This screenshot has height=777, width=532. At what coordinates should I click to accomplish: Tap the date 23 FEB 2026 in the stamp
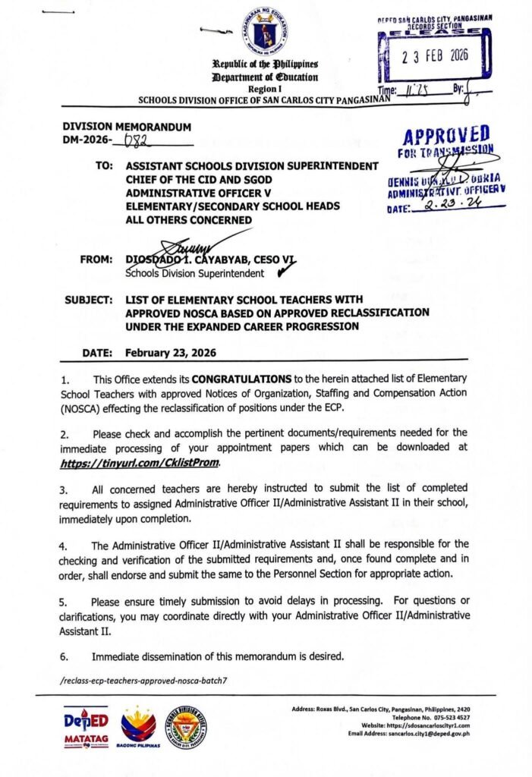coord(430,57)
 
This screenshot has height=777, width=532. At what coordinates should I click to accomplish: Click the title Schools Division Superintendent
coord(195,273)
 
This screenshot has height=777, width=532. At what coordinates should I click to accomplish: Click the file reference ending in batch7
coord(143,681)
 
